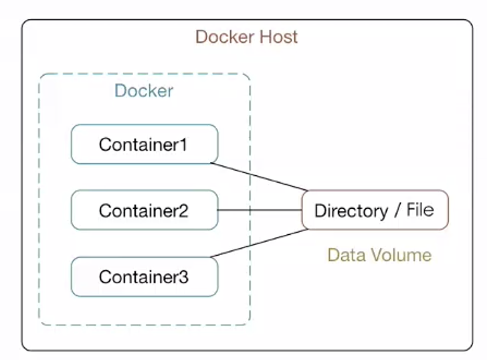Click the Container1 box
(144, 144)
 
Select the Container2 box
(144, 210)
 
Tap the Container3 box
(144, 276)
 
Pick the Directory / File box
(375, 210)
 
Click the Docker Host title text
(246, 36)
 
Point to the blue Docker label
(144, 91)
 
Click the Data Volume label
(379, 255)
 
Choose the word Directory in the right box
(351, 211)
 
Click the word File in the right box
(419, 210)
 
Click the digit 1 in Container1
(185, 145)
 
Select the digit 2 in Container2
(185, 211)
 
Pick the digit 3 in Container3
(185, 277)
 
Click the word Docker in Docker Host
(221, 36)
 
